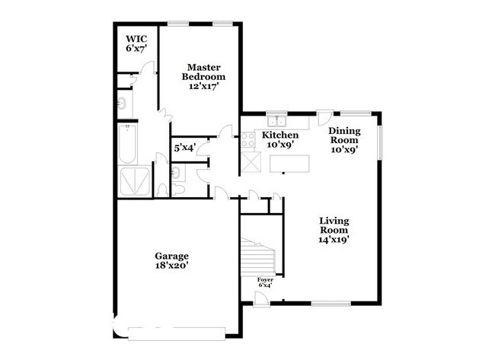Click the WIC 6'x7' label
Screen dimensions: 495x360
pyautogui.click(x=136, y=44)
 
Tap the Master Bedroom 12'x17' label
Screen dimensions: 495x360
pyautogui.click(x=203, y=77)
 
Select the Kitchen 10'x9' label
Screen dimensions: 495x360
pyautogui.click(x=280, y=140)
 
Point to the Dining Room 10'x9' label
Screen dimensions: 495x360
pyautogui.click(x=344, y=140)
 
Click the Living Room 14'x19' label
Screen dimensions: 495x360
pyautogui.click(x=334, y=230)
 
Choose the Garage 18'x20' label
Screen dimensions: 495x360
pyautogui.click(x=172, y=260)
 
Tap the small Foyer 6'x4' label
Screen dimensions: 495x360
pyautogui.click(x=265, y=282)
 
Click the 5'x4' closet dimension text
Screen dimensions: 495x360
pyautogui.click(x=185, y=148)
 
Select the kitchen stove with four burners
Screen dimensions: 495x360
pyautogui.click(x=248, y=140)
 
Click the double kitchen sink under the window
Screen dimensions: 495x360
pyautogui.click(x=276, y=121)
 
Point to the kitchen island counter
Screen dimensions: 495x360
pyautogui.click(x=289, y=164)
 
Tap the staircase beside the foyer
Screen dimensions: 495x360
pyautogui.click(x=258, y=256)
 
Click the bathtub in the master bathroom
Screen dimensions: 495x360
pyautogui.click(x=127, y=144)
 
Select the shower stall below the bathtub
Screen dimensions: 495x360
pyautogui.click(x=135, y=181)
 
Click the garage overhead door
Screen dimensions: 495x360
pyautogui.click(x=177, y=334)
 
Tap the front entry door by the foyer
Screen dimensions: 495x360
pyautogui.click(x=261, y=299)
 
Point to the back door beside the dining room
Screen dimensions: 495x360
pyautogui.click(x=324, y=117)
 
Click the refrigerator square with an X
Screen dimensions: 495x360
pyautogui.click(x=251, y=162)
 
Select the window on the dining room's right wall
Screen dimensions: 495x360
pyautogui.click(x=381, y=142)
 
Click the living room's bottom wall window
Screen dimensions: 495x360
pyautogui.click(x=331, y=304)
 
